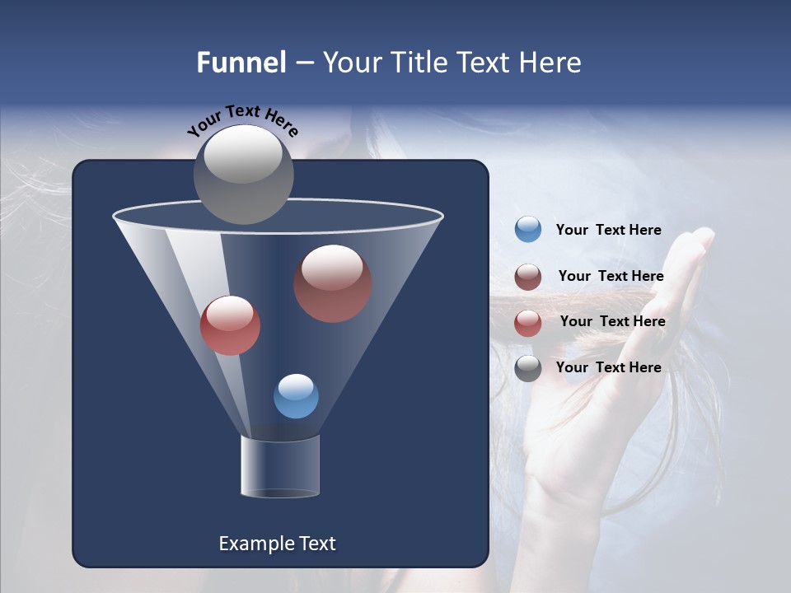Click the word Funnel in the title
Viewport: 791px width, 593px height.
241,63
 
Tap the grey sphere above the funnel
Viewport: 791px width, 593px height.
243,174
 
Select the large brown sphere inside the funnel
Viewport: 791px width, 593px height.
332,282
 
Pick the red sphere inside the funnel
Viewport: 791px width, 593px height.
230,325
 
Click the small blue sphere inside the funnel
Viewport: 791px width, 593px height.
296,396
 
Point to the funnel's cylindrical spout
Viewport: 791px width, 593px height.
280,466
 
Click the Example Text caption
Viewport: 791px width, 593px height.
277,544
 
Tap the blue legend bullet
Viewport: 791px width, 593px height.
528,230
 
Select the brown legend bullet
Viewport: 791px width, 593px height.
528,277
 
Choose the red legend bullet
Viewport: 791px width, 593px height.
528,323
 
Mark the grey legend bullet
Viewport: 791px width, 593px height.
528,368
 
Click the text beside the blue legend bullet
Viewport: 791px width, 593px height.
608,230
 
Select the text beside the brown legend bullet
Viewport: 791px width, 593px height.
611,276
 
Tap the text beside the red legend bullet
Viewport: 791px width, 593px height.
612,321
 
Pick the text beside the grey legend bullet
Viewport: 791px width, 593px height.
608,367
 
